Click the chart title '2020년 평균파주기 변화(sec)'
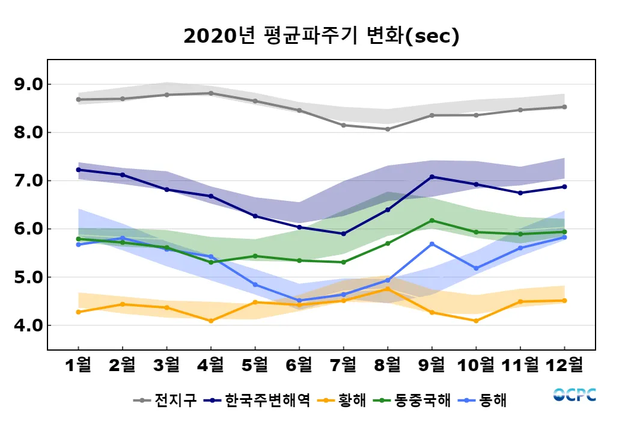(321, 36)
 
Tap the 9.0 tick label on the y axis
(28, 84)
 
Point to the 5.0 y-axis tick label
(28, 277)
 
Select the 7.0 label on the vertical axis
(28, 181)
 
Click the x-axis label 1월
(78, 364)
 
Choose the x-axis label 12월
(564, 364)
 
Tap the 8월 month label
(388, 364)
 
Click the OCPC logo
(574, 395)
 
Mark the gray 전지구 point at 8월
(388, 129)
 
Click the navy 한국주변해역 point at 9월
(431, 177)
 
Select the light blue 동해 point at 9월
(431, 244)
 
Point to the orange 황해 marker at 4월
(211, 321)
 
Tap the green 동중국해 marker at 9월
(431, 221)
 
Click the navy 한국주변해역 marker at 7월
(343, 234)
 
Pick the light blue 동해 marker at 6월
(299, 301)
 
